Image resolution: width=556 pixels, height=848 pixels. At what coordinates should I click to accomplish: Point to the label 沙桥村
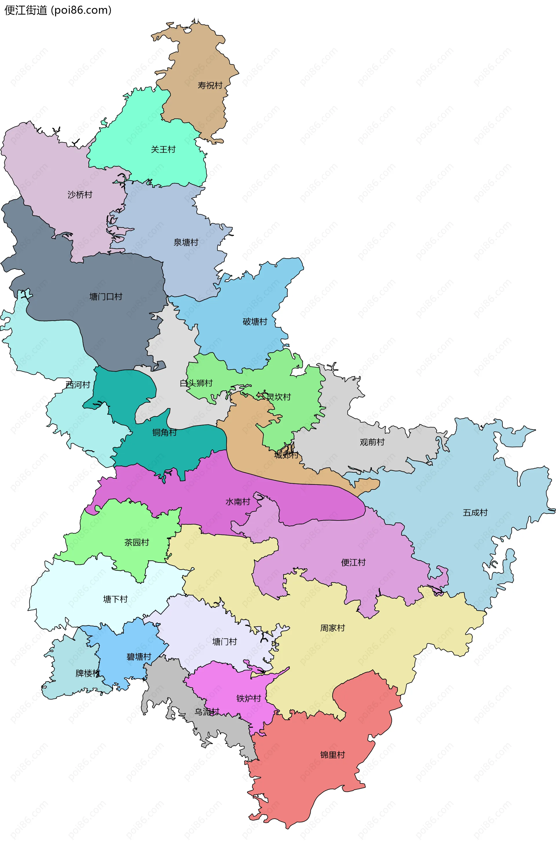(x=80, y=195)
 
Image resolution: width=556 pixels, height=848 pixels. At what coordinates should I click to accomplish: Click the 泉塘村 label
(x=186, y=242)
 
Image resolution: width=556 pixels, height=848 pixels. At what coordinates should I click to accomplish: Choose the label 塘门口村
(x=106, y=297)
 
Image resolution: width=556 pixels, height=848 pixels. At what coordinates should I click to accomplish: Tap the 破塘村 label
(x=255, y=322)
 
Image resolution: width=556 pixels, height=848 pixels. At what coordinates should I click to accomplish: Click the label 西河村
(x=78, y=385)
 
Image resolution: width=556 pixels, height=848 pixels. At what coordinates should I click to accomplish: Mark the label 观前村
(x=372, y=442)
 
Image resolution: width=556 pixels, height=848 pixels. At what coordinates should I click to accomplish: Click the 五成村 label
(x=475, y=512)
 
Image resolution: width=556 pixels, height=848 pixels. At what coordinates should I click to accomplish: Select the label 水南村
(x=237, y=502)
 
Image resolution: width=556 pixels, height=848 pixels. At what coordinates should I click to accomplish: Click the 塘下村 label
(x=115, y=599)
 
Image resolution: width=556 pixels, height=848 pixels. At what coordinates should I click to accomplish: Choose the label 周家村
(x=332, y=628)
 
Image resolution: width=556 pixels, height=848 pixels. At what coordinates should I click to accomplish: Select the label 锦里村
(x=332, y=755)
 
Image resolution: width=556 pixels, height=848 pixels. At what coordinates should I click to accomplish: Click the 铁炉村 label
(x=249, y=698)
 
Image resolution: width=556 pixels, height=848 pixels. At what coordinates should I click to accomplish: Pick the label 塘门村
(x=224, y=642)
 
